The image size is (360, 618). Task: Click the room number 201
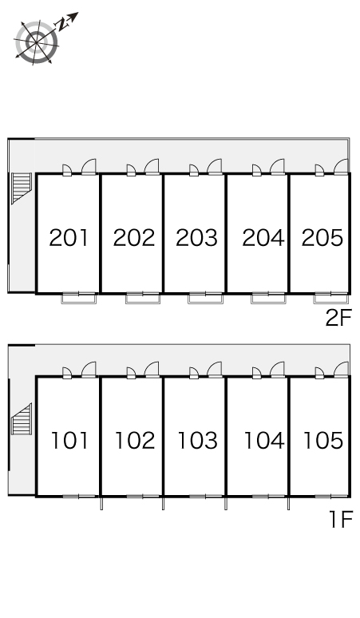pyautogui.click(x=69, y=238)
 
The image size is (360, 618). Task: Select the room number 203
pyautogui.click(x=196, y=238)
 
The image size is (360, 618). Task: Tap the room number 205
pyautogui.click(x=322, y=238)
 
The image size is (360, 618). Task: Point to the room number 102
pyautogui.click(x=135, y=441)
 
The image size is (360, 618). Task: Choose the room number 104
pyautogui.click(x=264, y=441)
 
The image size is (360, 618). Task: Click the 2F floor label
pyautogui.click(x=338, y=318)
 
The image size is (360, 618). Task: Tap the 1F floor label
pyautogui.click(x=341, y=520)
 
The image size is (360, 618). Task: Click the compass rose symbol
pyautogui.click(x=36, y=42)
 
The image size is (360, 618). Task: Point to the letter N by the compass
pyautogui.click(x=61, y=26)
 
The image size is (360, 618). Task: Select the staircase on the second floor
pyautogui.click(x=22, y=188)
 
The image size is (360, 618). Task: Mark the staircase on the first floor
pyautogui.click(x=22, y=419)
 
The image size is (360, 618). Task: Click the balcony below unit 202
pyautogui.click(x=143, y=299)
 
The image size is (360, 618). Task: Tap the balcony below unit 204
pyautogui.click(x=268, y=299)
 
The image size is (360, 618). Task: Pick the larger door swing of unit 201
pyautogui.click(x=89, y=166)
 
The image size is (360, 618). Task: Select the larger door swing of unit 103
pyautogui.click(x=214, y=370)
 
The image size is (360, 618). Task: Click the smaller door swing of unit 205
pyautogui.click(x=319, y=170)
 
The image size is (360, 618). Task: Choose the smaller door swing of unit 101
pyautogui.click(x=67, y=373)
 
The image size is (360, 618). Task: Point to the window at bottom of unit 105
pyautogui.click(x=330, y=496)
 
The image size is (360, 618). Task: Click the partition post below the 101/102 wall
pyautogui.click(x=101, y=503)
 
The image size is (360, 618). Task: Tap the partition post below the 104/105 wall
pyautogui.click(x=289, y=503)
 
